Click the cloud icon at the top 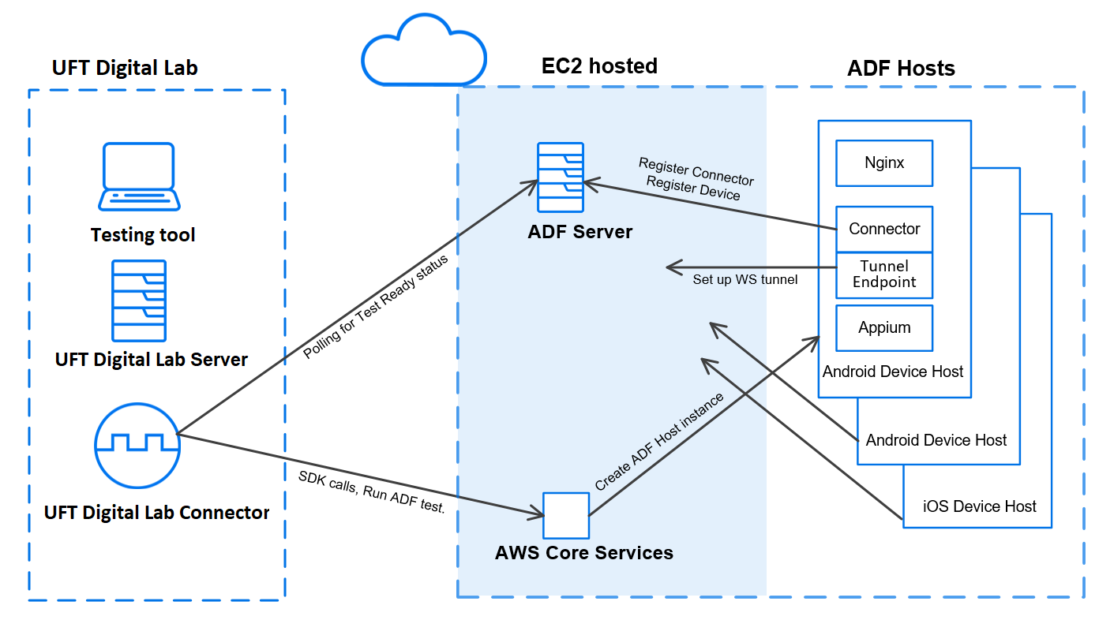[x=422, y=52]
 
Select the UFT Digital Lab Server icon [x=139, y=301]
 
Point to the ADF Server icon [x=561, y=177]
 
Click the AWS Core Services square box [x=566, y=516]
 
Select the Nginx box [x=884, y=163]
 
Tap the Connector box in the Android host [x=884, y=229]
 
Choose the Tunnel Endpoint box [x=884, y=274]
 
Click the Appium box [x=884, y=327]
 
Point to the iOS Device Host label [x=979, y=506]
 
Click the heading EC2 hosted [x=599, y=66]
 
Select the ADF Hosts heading [x=901, y=69]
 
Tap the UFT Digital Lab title [x=125, y=68]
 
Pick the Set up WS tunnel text [x=745, y=279]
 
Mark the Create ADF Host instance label [x=659, y=443]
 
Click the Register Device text [x=692, y=189]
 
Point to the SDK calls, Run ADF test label [x=371, y=492]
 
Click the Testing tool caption [x=143, y=235]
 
